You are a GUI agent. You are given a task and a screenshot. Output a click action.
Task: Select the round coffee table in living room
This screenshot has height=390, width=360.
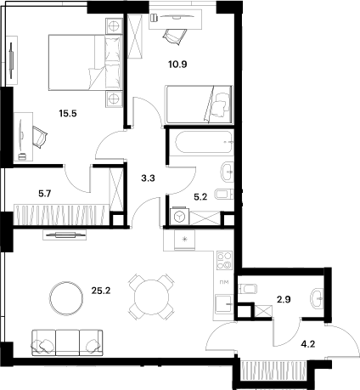pyautogui.click(x=65, y=297)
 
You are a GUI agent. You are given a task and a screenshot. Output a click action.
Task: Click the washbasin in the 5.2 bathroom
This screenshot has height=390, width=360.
pyautogui.click(x=226, y=172)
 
